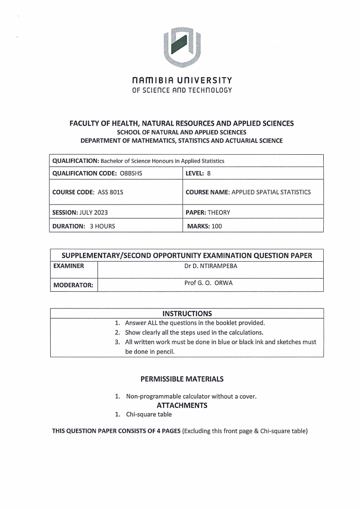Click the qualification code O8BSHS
135,173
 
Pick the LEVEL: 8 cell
198,173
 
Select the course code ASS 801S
110,192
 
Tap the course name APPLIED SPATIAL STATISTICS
271,192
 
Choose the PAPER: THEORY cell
208,212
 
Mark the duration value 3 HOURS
102,226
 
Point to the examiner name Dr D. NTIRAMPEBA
210,266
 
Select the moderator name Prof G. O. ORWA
210,283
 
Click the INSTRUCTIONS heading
187,313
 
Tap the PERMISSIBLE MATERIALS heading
182,378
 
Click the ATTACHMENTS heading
182,405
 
